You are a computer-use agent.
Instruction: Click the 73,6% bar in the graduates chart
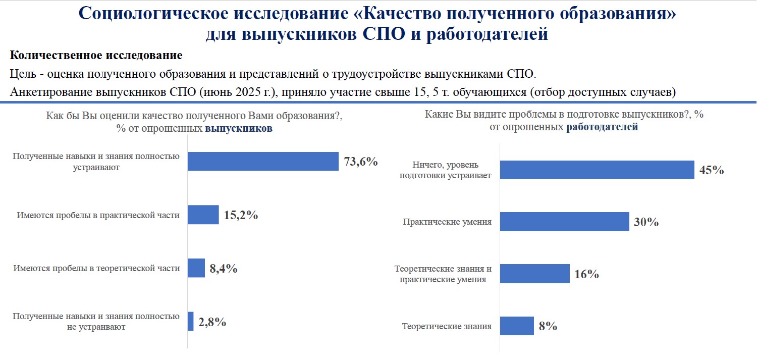pos(262,161)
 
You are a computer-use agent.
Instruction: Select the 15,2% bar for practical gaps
pos(203,215)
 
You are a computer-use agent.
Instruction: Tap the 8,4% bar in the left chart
pos(196,268)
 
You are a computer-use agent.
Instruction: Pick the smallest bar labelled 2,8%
pos(190,321)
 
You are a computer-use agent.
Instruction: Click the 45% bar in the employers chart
pos(597,170)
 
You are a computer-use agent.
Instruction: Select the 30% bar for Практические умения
pos(564,222)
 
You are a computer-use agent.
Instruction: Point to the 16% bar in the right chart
pos(534,274)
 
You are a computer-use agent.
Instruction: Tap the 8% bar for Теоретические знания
pos(517,326)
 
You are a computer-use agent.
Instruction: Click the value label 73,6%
pos(361,162)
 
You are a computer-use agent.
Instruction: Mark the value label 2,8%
pos(212,322)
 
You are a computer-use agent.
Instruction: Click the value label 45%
pos(712,170)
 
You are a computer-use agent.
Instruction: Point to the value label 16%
pos(586,274)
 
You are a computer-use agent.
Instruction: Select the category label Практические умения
pos(447,222)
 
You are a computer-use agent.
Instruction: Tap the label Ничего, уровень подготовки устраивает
pos(445,170)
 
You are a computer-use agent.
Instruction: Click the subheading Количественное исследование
pos(96,55)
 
